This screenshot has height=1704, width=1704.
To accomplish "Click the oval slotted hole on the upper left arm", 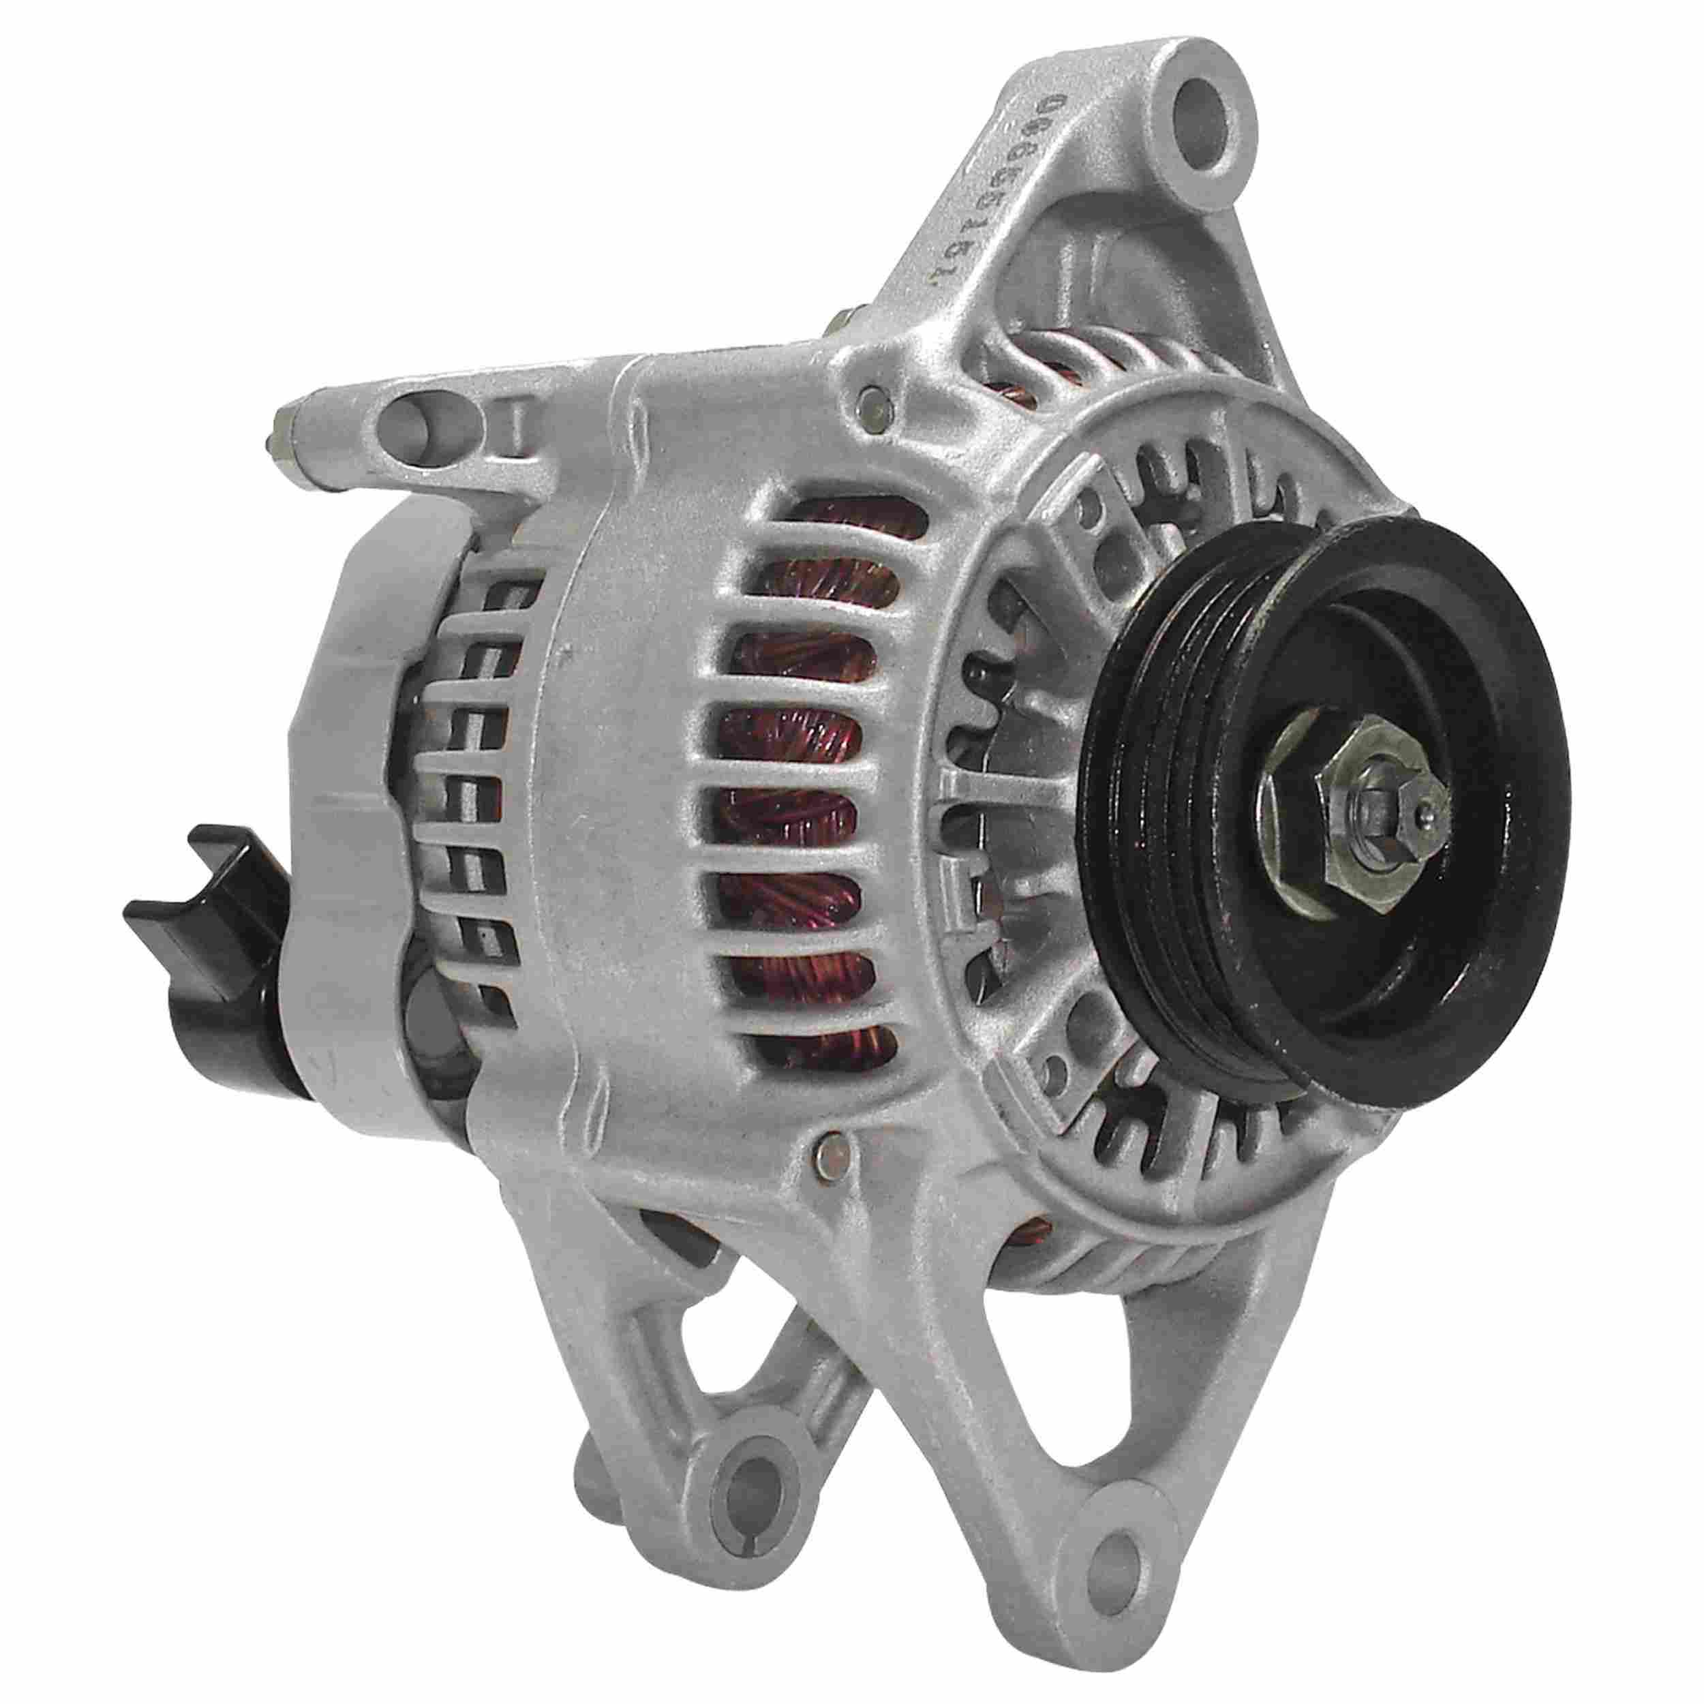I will (x=423, y=429).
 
